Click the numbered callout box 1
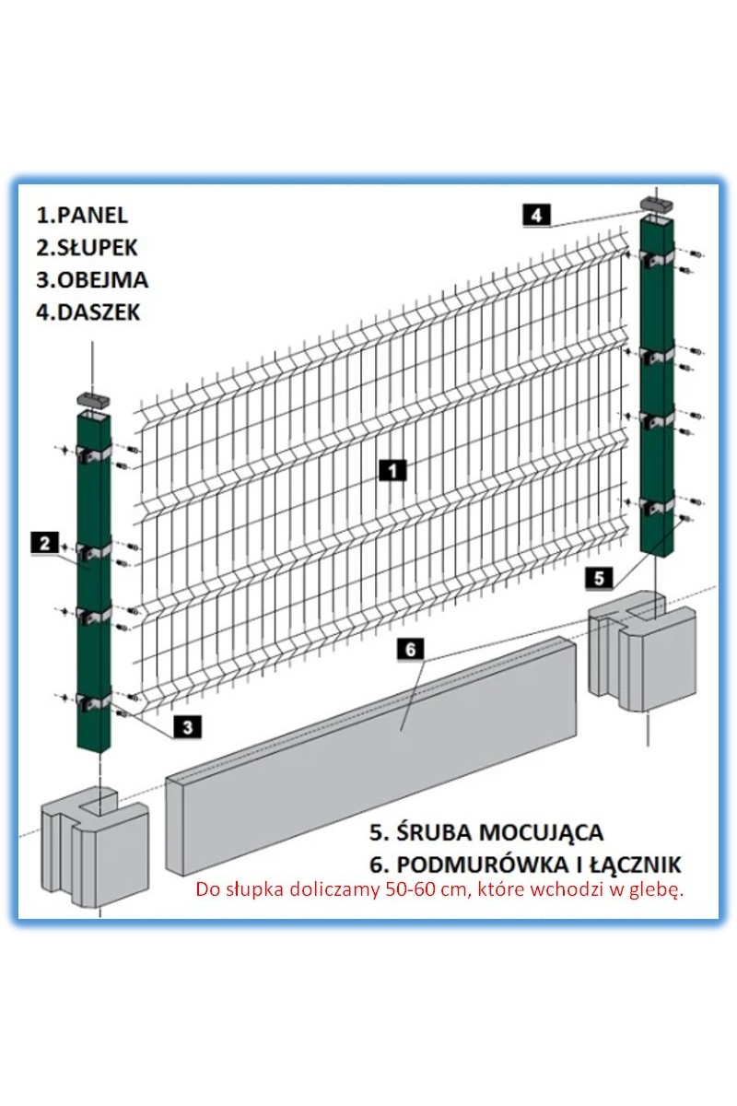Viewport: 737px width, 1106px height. tap(392, 470)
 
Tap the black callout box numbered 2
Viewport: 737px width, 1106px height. tap(45, 544)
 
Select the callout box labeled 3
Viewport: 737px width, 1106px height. tap(188, 727)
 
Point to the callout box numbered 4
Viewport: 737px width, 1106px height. tap(536, 216)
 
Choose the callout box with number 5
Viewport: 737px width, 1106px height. tap(600, 578)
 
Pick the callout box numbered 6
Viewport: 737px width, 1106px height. tap(411, 649)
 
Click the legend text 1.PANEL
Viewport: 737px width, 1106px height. tap(81, 216)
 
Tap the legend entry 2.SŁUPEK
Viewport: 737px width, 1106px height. tap(87, 247)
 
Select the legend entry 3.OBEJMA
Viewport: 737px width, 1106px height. tap(92, 280)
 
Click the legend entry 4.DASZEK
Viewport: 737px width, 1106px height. tap(88, 312)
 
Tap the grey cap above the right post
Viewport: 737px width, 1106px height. tap(659, 204)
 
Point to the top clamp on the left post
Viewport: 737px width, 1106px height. tap(94, 453)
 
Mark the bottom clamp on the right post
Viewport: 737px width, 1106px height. tap(657, 505)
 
